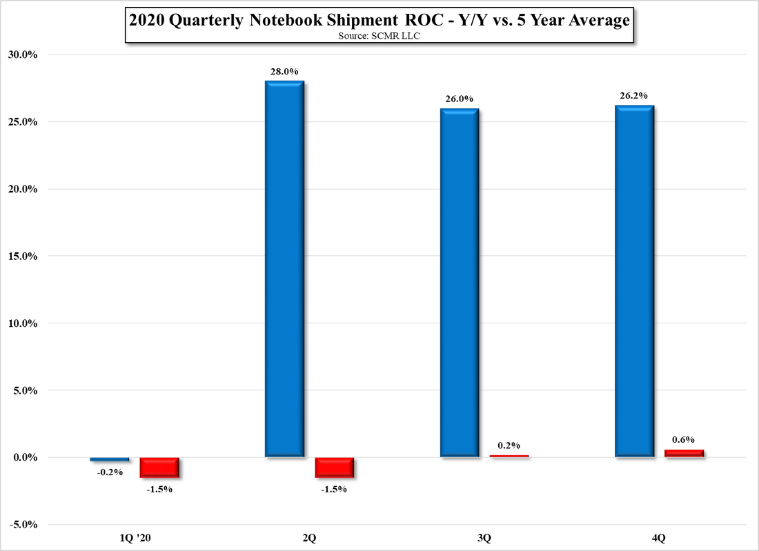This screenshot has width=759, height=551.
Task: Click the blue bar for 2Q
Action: [284, 269]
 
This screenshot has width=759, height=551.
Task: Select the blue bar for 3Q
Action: [459, 283]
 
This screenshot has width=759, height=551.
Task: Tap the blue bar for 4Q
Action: [634, 281]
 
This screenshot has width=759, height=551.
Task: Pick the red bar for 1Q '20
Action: [160, 467]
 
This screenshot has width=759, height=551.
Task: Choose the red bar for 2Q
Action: [335, 467]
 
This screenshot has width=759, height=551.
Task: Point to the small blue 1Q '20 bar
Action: [110, 459]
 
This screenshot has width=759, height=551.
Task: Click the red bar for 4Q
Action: [684, 454]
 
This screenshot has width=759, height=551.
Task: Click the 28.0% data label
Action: [284, 71]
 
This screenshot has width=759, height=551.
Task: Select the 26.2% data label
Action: [634, 96]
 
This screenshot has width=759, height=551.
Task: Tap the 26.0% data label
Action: [459, 99]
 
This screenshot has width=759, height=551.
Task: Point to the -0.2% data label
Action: [110, 472]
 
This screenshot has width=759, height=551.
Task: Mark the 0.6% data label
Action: [683, 439]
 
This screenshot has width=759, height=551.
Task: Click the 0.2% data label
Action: [509, 445]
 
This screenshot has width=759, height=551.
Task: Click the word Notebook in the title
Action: [286, 21]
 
